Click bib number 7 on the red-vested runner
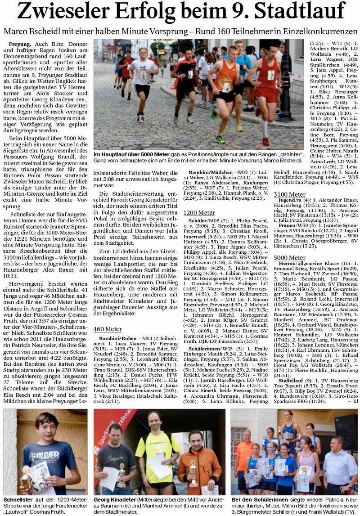[x=271, y=75]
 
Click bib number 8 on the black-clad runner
[x=190, y=74]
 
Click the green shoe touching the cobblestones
[x=220, y=139]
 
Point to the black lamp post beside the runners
[x=285, y=81]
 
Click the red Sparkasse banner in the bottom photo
[x=108, y=432]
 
